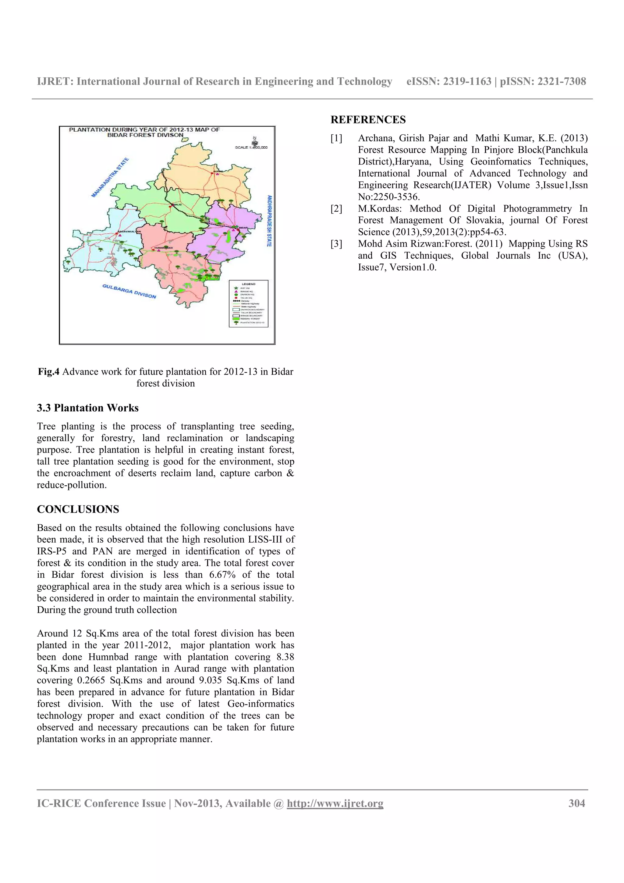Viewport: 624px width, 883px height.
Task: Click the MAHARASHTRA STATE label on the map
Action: [x=110, y=178]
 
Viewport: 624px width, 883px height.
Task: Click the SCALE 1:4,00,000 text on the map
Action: [x=251, y=147]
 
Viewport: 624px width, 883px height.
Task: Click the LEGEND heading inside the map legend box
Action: [x=248, y=284]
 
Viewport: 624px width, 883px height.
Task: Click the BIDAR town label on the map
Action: [x=243, y=228]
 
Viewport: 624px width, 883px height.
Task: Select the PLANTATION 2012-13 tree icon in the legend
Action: [x=236, y=322]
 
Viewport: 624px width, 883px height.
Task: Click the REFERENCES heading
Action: [x=368, y=120]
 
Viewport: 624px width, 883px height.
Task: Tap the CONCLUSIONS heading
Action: [x=78, y=509]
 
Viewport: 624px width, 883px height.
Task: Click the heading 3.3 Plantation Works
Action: [x=88, y=408]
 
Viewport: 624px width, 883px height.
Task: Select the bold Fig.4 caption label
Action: [x=48, y=371]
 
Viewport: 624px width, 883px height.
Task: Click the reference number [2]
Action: [x=336, y=208]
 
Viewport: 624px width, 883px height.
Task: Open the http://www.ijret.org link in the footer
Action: [x=335, y=803]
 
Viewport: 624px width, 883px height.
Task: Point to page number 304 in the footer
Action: [x=577, y=803]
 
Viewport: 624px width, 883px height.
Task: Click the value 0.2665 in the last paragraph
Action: [x=91, y=680]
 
